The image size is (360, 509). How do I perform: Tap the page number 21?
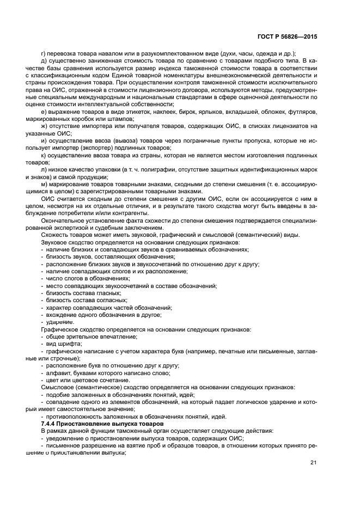point(313,463)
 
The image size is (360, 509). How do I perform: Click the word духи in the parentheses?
point(230,53)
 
